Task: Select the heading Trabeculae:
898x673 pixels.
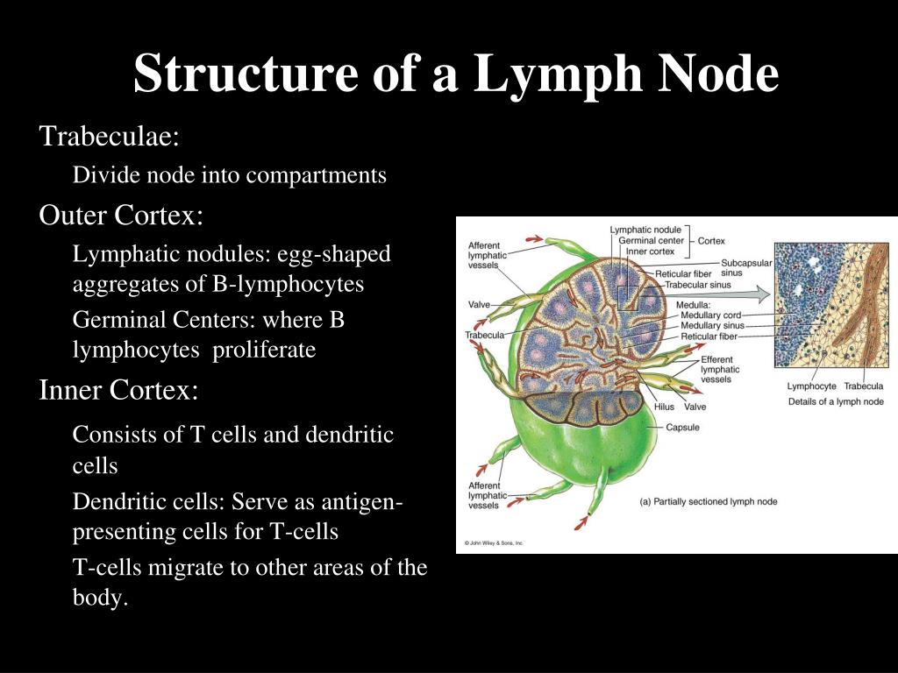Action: coord(110,136)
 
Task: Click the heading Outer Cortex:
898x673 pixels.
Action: coord(121,215)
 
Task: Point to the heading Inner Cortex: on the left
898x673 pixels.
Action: coord(118,390)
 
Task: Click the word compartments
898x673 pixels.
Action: coord(316,175)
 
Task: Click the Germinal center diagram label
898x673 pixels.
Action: coord(651,240)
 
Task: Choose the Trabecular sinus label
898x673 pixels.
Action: coord(698,285)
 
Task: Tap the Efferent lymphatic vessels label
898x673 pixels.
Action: coord(720,369)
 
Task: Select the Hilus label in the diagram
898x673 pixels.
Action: coord(664,407)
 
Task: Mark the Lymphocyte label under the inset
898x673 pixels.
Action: coord(811,386)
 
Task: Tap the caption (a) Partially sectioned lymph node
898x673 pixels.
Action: coord(708,501)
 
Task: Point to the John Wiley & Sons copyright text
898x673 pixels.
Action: coord(494,543)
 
